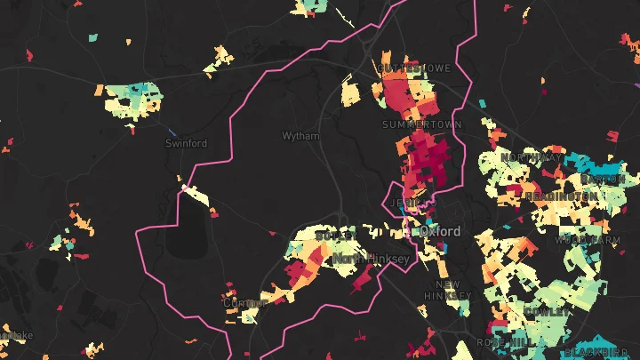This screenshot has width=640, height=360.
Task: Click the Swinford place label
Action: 186,143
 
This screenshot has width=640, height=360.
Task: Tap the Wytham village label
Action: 300,136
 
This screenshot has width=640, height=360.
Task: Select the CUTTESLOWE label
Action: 414,68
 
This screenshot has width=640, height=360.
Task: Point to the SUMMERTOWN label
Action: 422,125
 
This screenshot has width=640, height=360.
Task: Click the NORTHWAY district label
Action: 532,157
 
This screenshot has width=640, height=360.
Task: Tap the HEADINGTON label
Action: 561,196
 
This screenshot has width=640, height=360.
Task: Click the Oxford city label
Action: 441,231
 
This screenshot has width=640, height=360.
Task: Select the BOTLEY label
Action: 335,236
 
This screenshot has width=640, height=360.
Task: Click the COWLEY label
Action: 544,312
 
